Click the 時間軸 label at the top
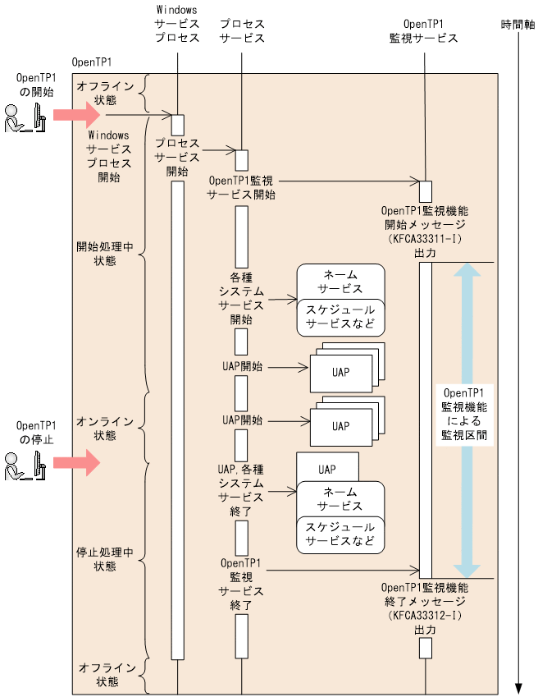click(x=517, y=25)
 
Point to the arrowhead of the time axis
click(x=517, y=688)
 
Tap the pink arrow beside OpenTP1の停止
click(x=75, y=464)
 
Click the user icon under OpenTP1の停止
click(x=22, y=469)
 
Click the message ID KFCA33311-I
click(x=425, y=239)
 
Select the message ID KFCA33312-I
click(x=425, y=615)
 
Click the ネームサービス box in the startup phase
click(x=340, y=282)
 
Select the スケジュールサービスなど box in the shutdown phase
click(x=340, y=534)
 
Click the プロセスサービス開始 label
click(x=177, y=157)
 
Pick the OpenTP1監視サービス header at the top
click(x=424, y=30)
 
